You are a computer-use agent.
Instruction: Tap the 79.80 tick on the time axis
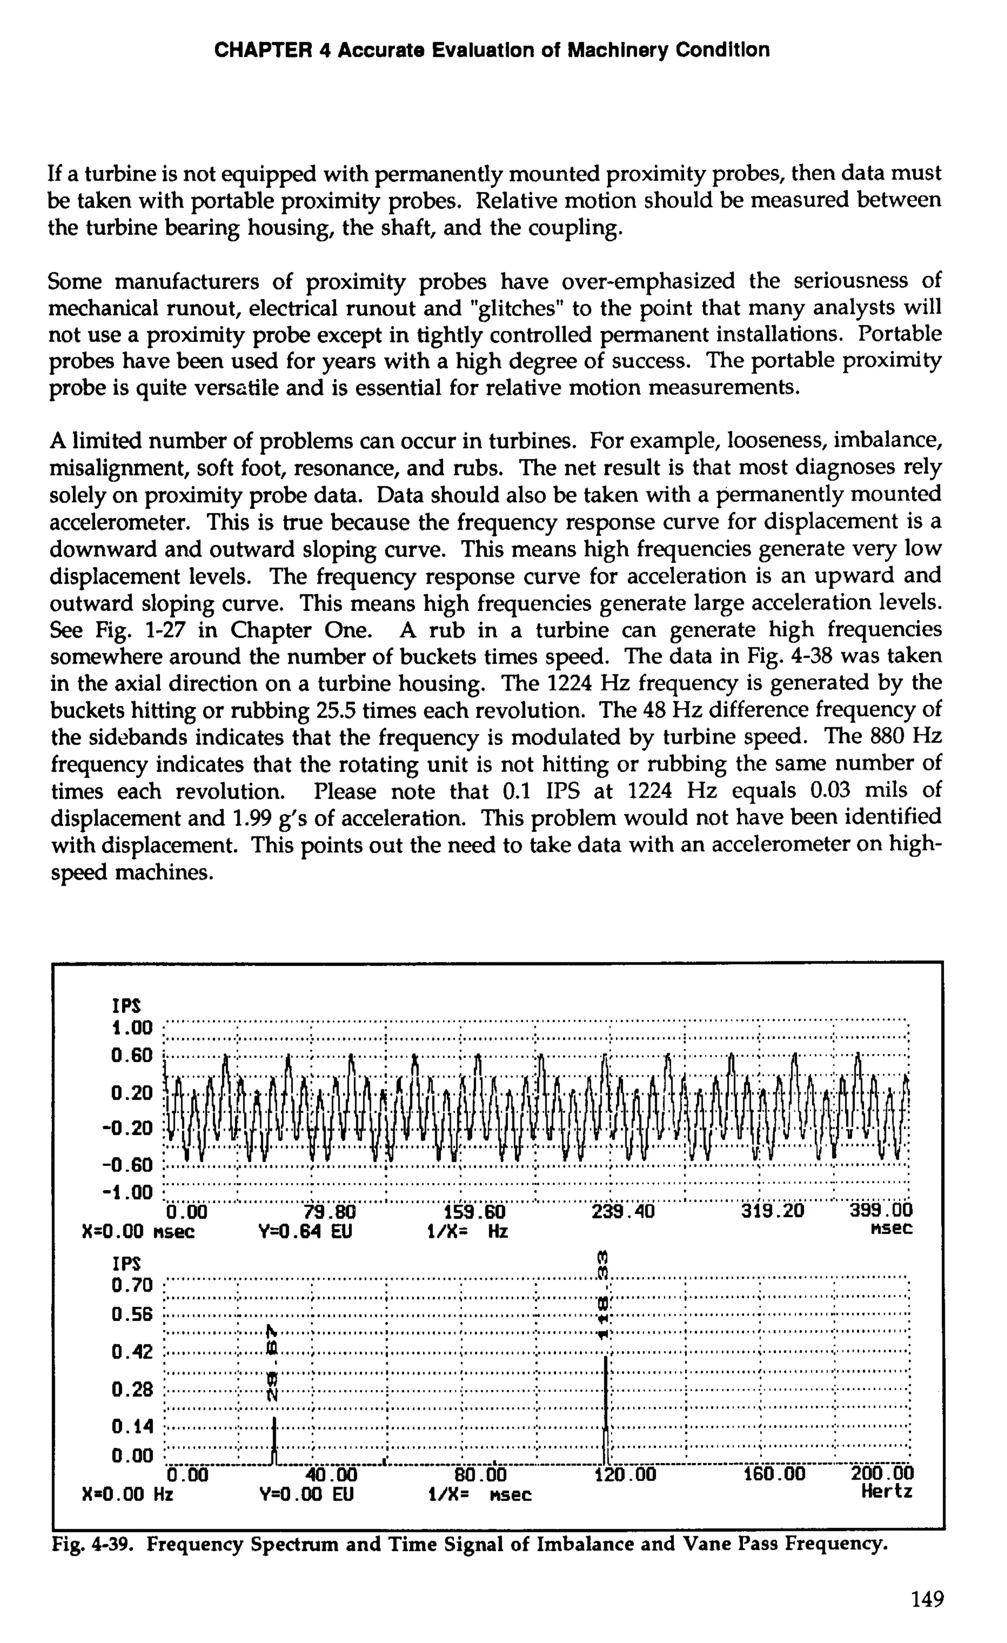click(x=329, y=1211)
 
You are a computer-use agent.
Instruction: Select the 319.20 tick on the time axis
click(x=773, y=1211)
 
